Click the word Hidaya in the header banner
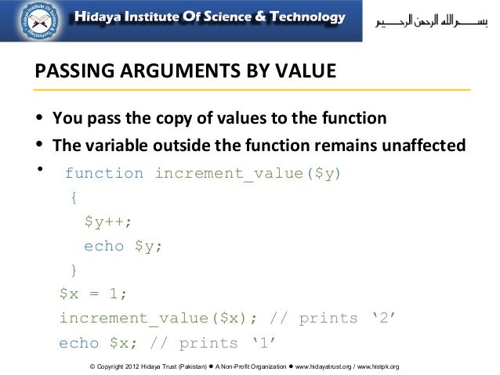[x=99, y=18]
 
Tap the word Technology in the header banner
[x=305, y=18]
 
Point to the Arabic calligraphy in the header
[x=426, y=19]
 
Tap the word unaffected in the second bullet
[x=422, y=146]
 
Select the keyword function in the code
[x=103, y=173]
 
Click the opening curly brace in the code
[x=74, y=198]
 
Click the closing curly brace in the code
[x=74, y=271]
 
